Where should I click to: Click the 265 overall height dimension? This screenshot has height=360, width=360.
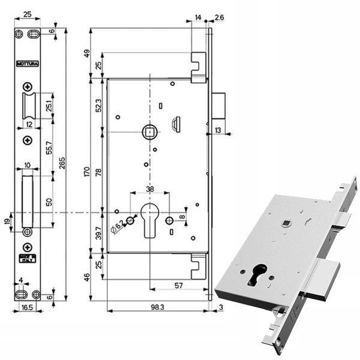point(61,163)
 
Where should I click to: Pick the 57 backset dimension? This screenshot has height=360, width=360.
point(178,286)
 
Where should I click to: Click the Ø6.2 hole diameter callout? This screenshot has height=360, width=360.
point(119,225)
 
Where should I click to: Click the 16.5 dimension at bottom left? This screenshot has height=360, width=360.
point(26,306)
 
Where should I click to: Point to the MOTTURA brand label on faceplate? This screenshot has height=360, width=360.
point(26,62)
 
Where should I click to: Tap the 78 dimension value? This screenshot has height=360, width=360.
point(98,173)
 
